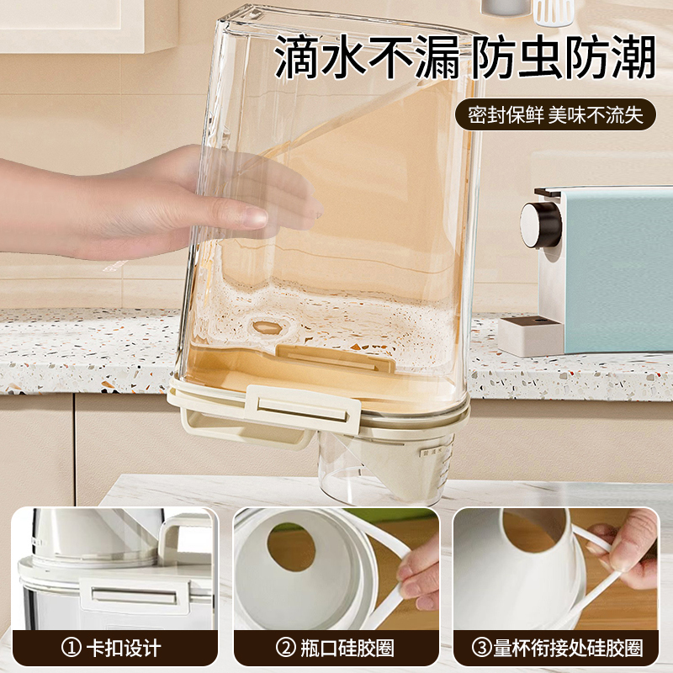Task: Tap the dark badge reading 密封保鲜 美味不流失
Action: click(555, 115)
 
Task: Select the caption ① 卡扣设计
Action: click(114, 648)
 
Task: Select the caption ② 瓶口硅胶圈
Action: click(336, 648)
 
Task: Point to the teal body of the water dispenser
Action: click(614, 269)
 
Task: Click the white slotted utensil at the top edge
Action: click(554, 10)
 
